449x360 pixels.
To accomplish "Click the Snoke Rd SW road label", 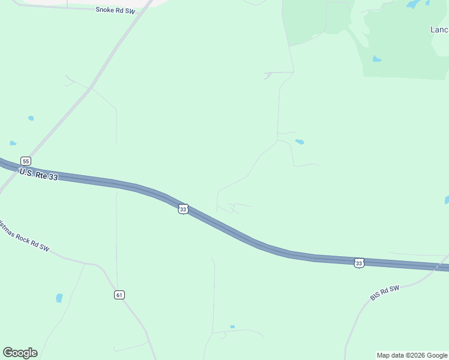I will pyautogui.click(x=114, y=10).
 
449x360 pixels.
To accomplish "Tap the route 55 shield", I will pyautogui.click(x=25, y=161).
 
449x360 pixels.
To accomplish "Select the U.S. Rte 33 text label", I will pyautogui.click(x=38, y=175).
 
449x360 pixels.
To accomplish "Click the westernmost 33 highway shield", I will pyautogui.click(x=183, y=209).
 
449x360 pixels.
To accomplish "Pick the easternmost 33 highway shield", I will pyautogui.click(x=358, y=263).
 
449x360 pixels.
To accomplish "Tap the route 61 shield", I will pyautogui.click(x=119, y=295).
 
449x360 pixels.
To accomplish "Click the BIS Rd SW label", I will pyautogui.click(x=385, y=293).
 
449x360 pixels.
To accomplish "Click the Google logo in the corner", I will pyautogui.click(x=20, y=353).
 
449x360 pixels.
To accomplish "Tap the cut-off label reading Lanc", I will pyautogui.click(x=439, y=29).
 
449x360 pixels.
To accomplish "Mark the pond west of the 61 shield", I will pyautogui.click(x=59, y=298).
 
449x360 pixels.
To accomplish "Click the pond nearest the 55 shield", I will pyautogui.click(x=13, y=143).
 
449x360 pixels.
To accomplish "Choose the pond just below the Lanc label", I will pyautogui.click(x=376, y=59).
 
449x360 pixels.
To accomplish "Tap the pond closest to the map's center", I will pyautogui.click(x=299, y=142).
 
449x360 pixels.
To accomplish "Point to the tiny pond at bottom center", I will pyautogui.click(x=232, y=327).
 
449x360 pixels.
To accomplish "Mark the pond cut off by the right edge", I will pyautogui.click(x=447, y=200).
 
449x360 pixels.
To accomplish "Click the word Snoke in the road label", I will pyautogui.click(x=104, y=10).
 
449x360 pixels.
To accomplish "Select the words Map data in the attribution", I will pyautogui.click(x=390, y=355).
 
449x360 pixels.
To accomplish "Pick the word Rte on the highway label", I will pyautogui.click(x=41, y=175).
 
